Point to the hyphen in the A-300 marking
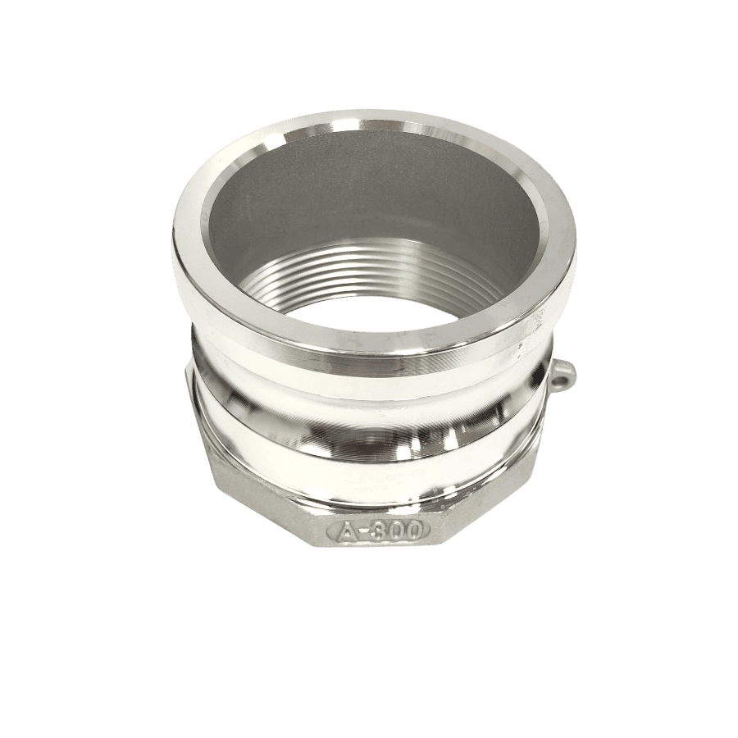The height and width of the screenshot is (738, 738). (x=364, y=532)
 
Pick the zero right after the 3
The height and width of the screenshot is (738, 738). (x=395, y=531)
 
